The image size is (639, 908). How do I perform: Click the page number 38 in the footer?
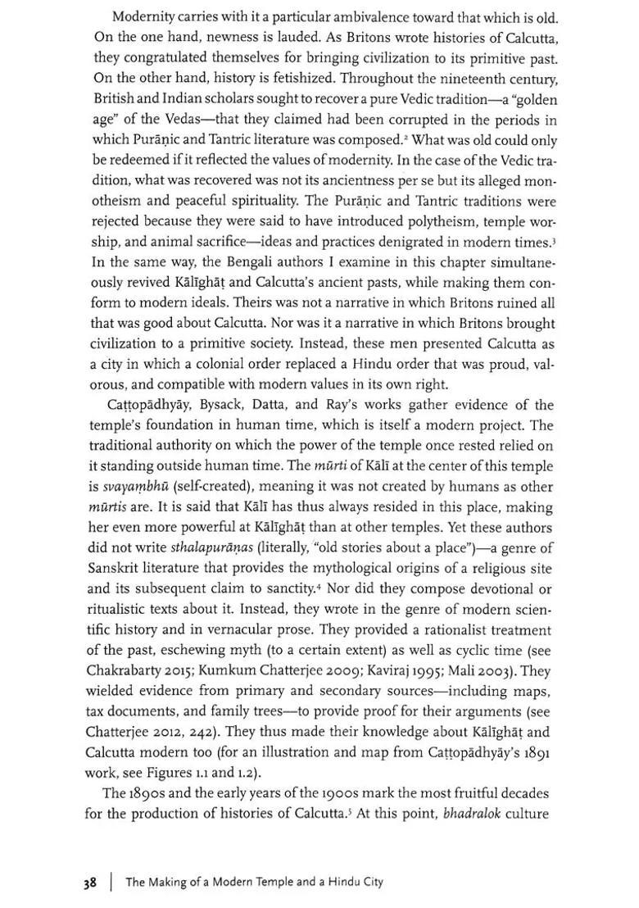(89, 883)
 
